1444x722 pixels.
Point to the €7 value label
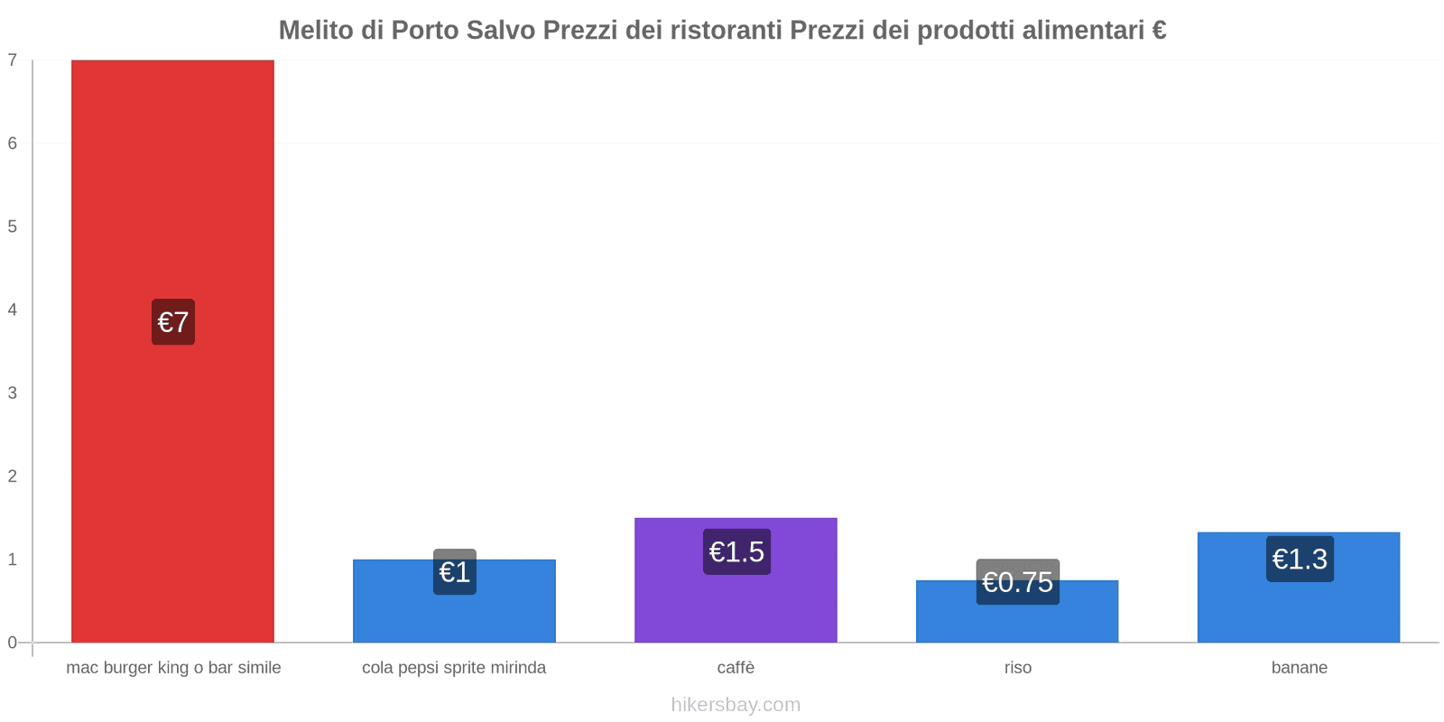(173, 322)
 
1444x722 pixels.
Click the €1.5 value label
(736, 551)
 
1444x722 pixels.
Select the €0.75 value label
(1017, 582)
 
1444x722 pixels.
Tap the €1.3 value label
(1300, 559)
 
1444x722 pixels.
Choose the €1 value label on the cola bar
(454, 571)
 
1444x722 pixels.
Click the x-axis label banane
(1299, 668)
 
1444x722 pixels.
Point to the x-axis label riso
(1017, 668)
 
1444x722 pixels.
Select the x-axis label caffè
(736, 668)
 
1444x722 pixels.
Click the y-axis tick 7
(13, 60)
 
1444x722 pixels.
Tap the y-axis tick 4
(13, 310)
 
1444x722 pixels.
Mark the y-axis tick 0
(13, 643)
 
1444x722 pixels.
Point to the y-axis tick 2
(13, 477)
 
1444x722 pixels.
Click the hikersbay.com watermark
(736, 705)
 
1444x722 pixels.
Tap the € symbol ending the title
(1159, 31)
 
